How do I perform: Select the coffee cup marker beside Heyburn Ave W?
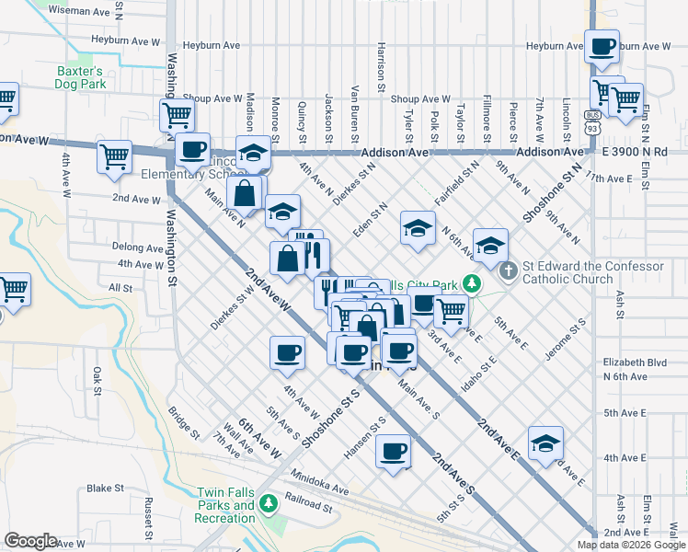pyautogui.click(x=603, y=47)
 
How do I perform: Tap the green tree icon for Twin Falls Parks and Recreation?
pyautogui.click(x=268, y=504)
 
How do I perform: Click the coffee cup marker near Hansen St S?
pyautogui.click(x=395, y=452)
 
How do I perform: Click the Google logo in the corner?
pyautogui.click(x=31, y=540)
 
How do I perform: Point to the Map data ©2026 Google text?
pyautogui.click(x=630, y=545)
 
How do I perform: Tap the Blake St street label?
pyautogui.click(x=105, y=489)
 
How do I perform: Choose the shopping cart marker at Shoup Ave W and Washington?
pyautogui.click(x=177, y=115)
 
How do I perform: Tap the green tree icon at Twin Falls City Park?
pyautogui.click(x=472, y=283)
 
